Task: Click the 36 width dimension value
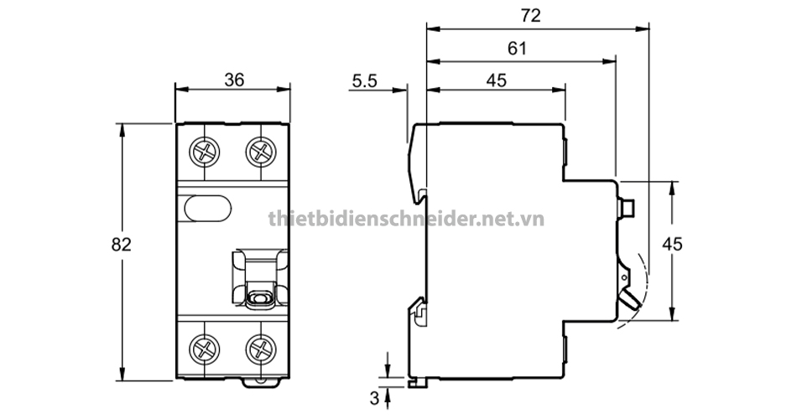234,80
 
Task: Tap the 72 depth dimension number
529,15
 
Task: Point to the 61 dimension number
517,49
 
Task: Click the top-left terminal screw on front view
206,151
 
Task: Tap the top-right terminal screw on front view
261,151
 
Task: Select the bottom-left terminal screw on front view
206,347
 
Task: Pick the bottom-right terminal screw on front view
261,347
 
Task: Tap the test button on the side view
626,206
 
